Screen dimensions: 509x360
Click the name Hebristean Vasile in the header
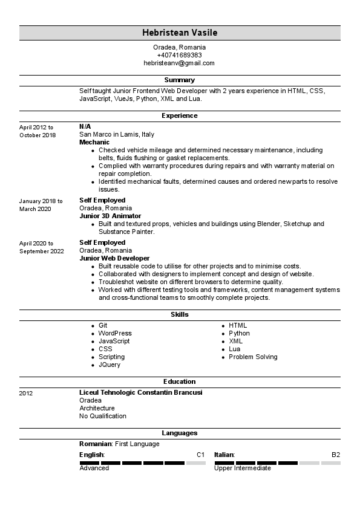click(179, 33)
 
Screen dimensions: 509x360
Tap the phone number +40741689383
click(179, 55)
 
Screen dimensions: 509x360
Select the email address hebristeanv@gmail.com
click(179, 63)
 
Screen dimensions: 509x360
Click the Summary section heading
click(179, 80)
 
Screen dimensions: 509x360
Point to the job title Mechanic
click(94, 142)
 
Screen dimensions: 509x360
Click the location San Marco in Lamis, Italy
click(117, 134)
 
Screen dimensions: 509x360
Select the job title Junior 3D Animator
click(110, 216)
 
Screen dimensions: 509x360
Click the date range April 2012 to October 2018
click(37, 131)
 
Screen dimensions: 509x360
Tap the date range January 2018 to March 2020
click(41, 205)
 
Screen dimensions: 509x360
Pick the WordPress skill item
click(115, 333)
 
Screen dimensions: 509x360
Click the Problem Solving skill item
click(253, 357)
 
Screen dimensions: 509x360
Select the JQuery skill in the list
click(110, 365)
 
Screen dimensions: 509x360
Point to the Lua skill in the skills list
click(235, 349)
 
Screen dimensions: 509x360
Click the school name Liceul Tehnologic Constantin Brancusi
click(140, 392)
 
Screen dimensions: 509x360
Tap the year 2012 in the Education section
click(26, 394)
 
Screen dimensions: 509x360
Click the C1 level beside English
click(201, 455)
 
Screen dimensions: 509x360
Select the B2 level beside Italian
click(336, 455)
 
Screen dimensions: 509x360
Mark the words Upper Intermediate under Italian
click(243, 468)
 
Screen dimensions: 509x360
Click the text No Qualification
click(103, 416)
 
